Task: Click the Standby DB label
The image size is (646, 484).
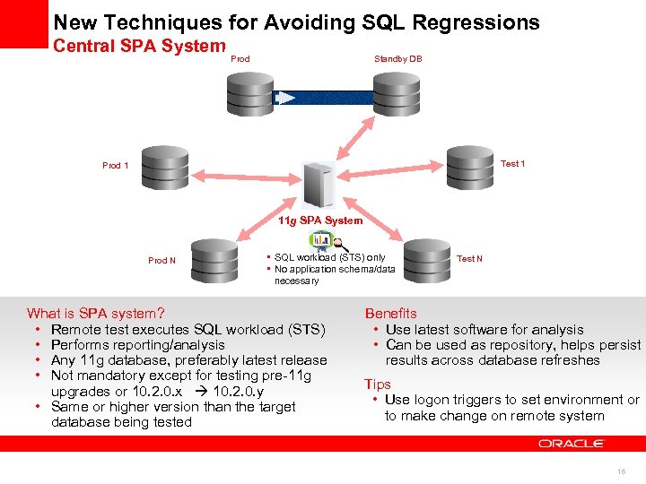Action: click(x=397, y=59)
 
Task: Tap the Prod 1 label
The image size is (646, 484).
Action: click(x=115, y=165)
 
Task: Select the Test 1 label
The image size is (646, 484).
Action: click(x=512, y=164)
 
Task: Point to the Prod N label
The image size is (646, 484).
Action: click(x=161, y=260)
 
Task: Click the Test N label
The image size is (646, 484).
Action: click(x=469, y=259)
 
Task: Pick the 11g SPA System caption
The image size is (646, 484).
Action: click(x=320, y=220)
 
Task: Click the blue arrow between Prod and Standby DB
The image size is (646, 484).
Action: click(x=323, y=98)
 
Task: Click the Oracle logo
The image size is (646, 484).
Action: click(x=572, y=444)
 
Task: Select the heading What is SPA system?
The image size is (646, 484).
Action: click(x=96, y=314)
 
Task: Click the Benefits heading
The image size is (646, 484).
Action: click(x=390, y=314)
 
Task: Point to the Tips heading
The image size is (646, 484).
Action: click(x=378, y=384)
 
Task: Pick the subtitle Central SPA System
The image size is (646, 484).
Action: click(x=139, y=45)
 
